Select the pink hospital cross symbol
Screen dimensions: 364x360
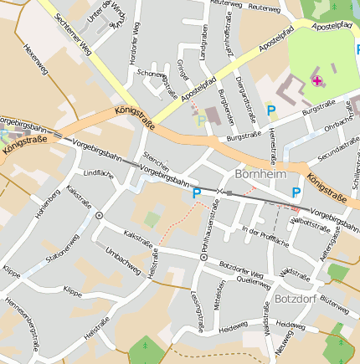(x=317, y=80)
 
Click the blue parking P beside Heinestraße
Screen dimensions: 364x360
(x=270, y=110)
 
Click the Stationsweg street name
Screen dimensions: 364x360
(x=63, y=249)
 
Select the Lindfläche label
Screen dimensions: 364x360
(x=99, y=173)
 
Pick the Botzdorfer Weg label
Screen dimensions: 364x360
(x=241, y=269)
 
